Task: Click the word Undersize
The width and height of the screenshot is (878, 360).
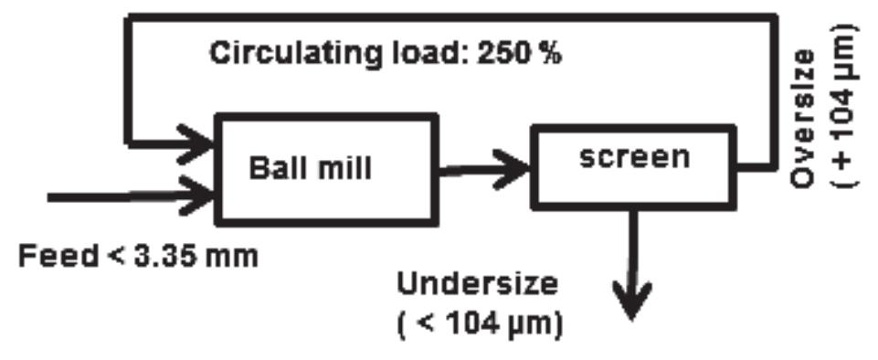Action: click(476, 284)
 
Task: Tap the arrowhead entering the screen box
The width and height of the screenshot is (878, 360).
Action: click(519, 166)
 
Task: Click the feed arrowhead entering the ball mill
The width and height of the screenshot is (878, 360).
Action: click(201, 194)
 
